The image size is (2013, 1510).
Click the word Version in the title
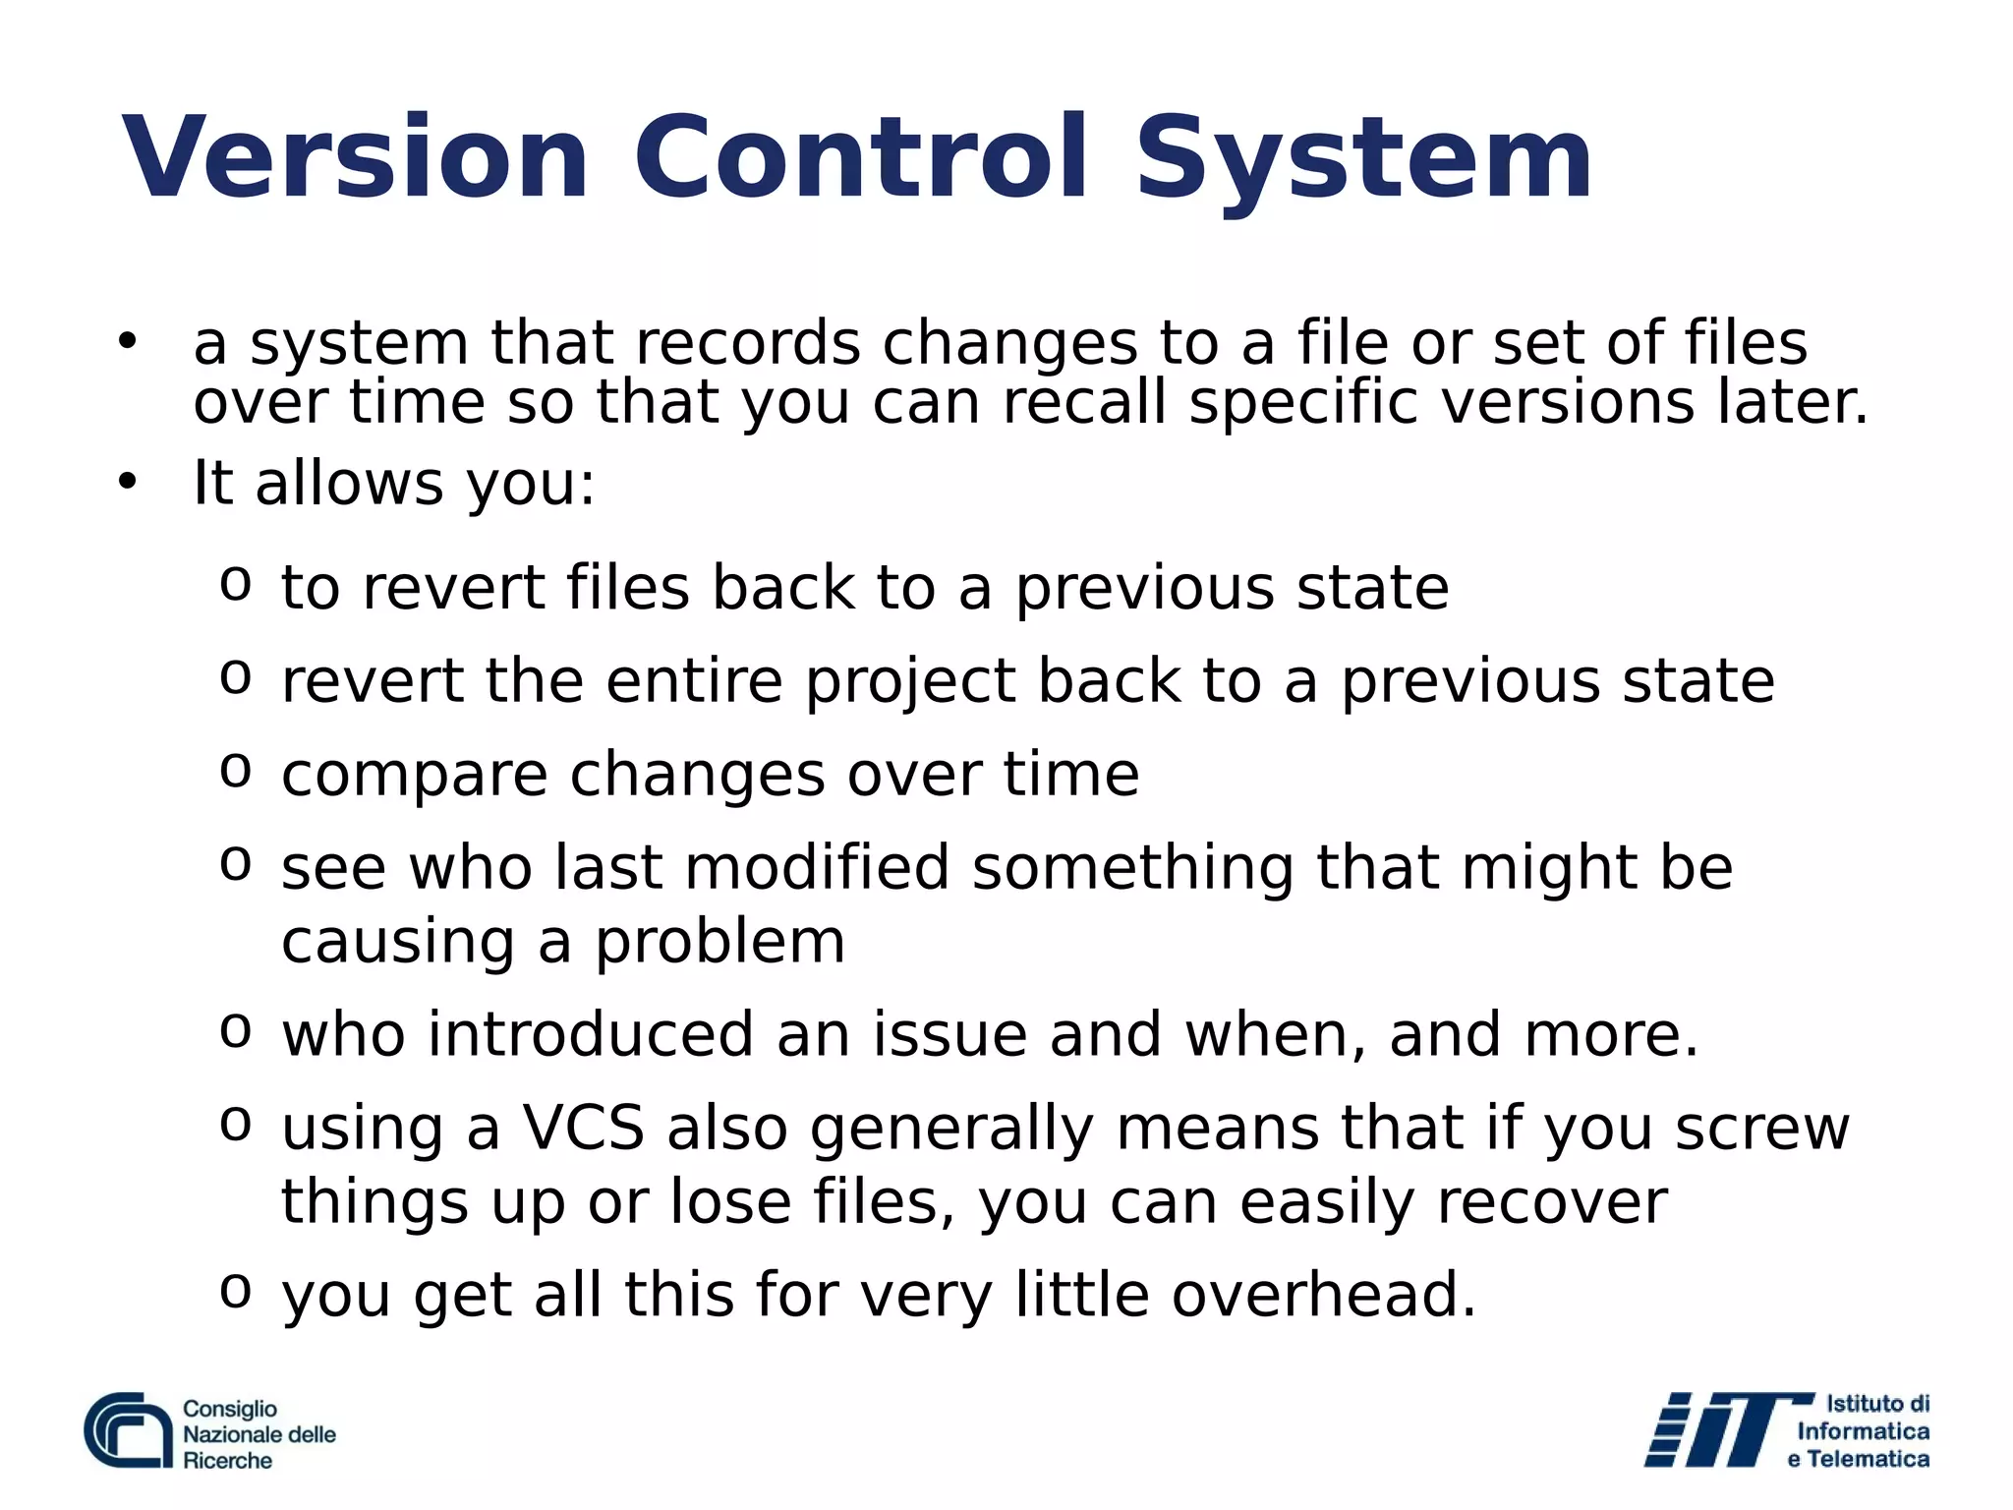[355, 158]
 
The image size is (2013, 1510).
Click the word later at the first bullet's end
[1792, 402]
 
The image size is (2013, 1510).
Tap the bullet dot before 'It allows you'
[127, 482]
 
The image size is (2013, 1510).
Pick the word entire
[694, 681]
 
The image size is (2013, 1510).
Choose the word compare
[414, 776]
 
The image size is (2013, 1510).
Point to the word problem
[719, 942]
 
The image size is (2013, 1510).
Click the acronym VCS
[583, 1129]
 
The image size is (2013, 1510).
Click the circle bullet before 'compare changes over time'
[236, 770]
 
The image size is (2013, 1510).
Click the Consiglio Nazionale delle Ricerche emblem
[129, 1431]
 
